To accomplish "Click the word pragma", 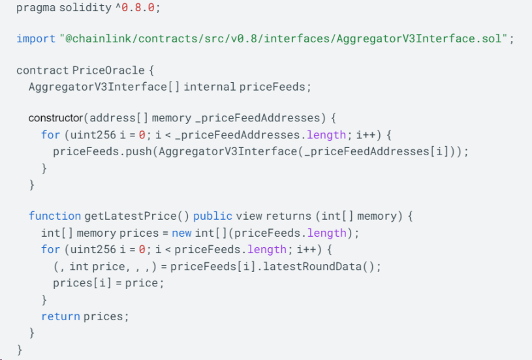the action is pos(36,7).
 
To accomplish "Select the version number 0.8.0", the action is pos(138,7).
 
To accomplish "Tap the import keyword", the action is pos(36,38).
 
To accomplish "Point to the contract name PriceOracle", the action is pos(108,70).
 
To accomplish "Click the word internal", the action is pos(210,87).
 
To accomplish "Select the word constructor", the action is pos(55,118).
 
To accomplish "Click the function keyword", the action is pos(55,216).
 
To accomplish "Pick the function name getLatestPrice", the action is pos(131,216).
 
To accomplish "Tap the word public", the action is pos(213,216).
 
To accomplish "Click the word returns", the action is pos(289,216).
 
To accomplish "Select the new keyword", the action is pos(181,233).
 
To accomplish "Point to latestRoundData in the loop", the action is pos(313,267).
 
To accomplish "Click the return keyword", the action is pos(61,316).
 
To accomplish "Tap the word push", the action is pos(139,151).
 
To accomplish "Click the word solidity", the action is pos(85,7).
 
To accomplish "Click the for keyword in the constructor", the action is pos(50,135).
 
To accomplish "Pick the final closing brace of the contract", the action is pos(20,350).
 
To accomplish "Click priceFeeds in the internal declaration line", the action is pos(272,87).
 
